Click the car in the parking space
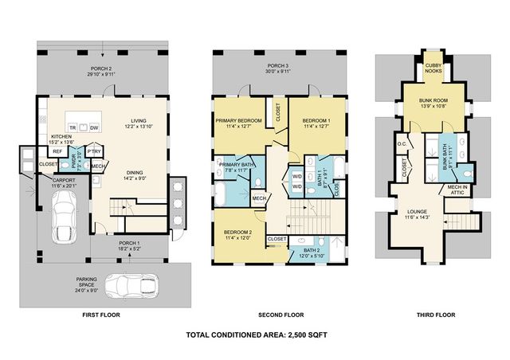[x=133, y=286]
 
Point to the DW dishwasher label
[x=94, y=127]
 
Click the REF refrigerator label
[x=57, y=151]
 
